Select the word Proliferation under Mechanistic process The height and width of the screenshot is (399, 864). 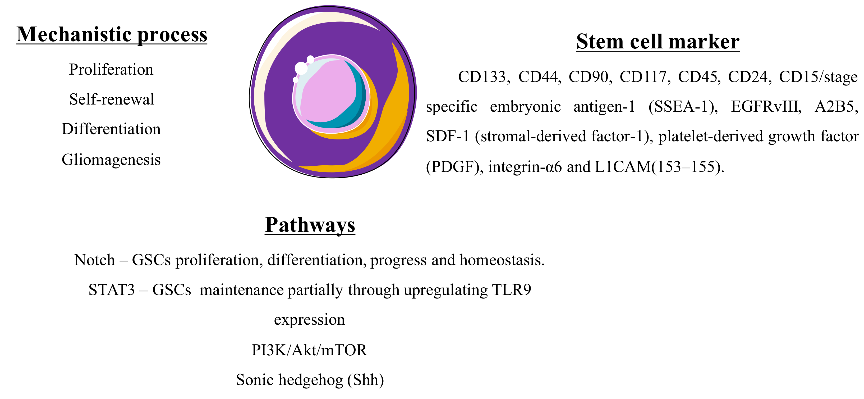click(x=111, y=70)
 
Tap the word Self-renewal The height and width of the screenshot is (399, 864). click(x=112, y=99)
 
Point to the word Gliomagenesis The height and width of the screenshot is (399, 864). click(x=111, y=159)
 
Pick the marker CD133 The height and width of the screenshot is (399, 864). click(x=482, y=77)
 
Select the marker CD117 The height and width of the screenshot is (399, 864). click(x=643, y=77)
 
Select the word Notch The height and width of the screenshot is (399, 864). click(x=95, y=260)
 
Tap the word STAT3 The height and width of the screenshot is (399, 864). click(x=111, y=290)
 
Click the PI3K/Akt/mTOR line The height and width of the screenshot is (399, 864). click(x=309, y=350)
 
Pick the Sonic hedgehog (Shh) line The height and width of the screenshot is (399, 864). click(x=310, y=380)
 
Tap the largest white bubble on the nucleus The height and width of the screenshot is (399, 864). click(x=301, y=68)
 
